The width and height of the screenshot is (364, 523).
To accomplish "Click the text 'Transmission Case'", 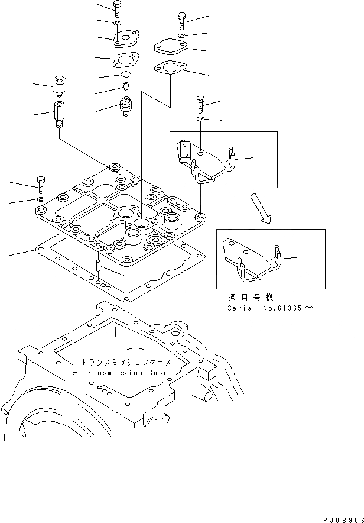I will point(125,373).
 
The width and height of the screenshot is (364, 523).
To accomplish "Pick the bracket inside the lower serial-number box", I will point(252,260).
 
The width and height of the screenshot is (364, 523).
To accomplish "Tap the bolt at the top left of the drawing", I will point(118,9).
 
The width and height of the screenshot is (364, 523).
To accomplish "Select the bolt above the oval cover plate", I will point(181,22).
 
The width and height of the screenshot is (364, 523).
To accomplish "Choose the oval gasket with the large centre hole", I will point(170,69).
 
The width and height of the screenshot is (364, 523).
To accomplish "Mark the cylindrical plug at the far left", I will point(59,86).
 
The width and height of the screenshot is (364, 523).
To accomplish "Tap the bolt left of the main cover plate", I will point(41,184).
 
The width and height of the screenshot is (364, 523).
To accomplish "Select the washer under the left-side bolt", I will point(41,201).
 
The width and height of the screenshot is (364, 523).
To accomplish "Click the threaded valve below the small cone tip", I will point(125,107).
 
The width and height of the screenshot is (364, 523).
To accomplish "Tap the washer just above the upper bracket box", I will point(201,120).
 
